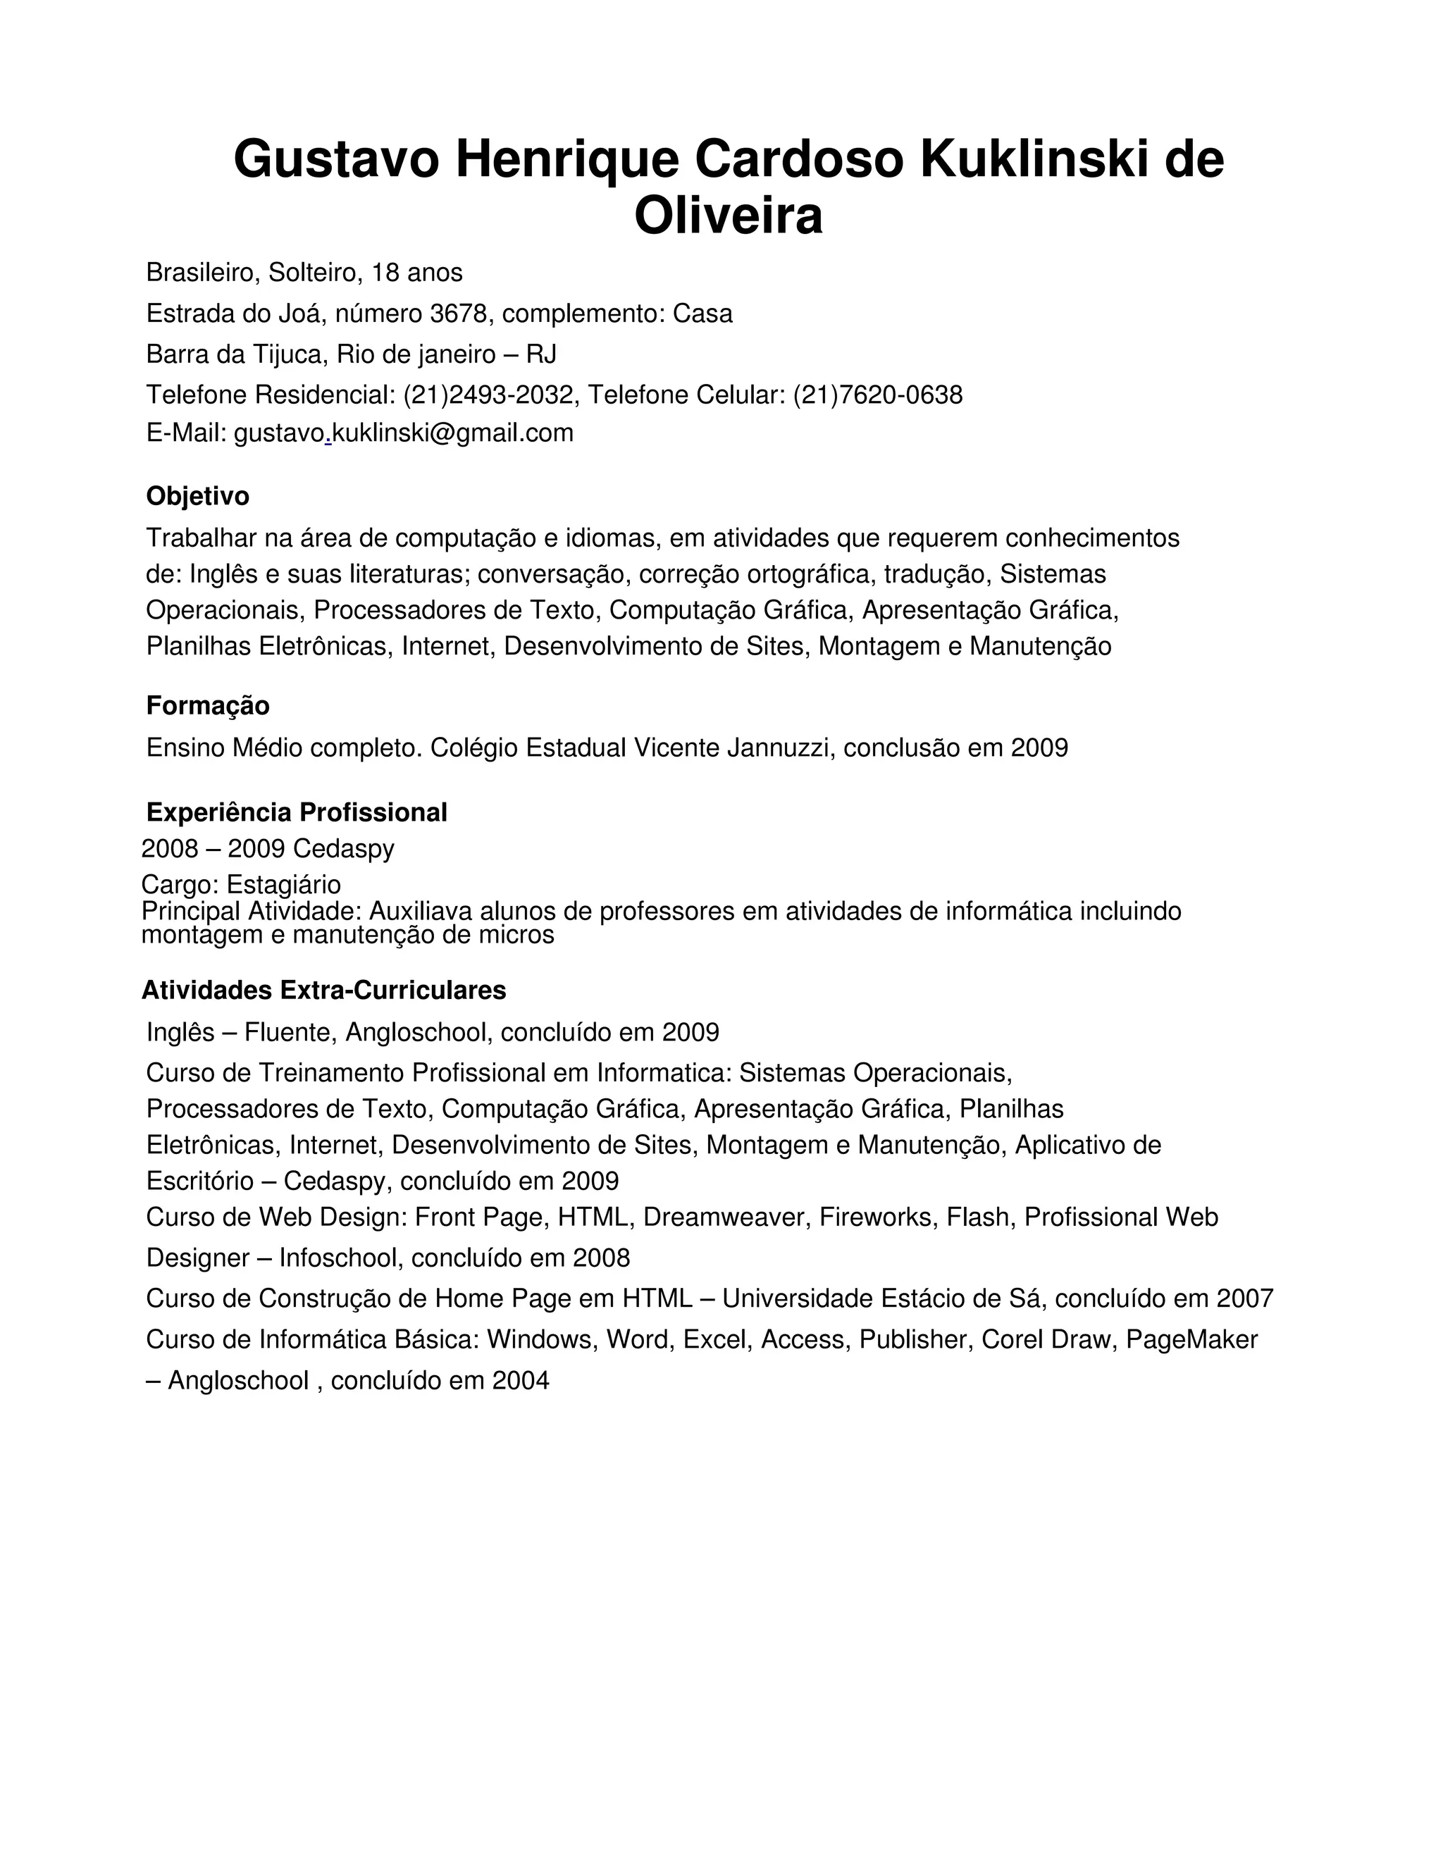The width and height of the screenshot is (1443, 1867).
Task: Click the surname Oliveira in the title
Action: (x=729, y=216)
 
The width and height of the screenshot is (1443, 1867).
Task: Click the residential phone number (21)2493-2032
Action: (x=488, y=395)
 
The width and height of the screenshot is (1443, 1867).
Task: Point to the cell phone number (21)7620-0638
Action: (x=878, y=395)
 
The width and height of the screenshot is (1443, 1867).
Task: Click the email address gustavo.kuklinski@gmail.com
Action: (x=404, y=433)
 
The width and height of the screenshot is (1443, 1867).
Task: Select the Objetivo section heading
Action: (x=197, y=496)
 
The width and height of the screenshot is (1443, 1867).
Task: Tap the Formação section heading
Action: (x=208, y=705)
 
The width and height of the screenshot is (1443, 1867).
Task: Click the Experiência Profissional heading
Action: (x=297, y=812)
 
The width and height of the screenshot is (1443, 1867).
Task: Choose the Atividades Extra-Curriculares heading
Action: (x=323, y=990)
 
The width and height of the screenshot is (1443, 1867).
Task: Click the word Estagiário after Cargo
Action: (x=283, y=884)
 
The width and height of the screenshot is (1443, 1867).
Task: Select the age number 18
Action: (x=385, y=273)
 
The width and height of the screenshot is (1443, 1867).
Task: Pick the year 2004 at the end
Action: (x=521, y=1381)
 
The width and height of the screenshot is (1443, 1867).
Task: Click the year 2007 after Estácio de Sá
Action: (x=1245, y=1298)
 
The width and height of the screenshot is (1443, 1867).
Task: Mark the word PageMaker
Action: (x=1191, y=1339)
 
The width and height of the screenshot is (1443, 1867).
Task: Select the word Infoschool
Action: (x=338, y=1258)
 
